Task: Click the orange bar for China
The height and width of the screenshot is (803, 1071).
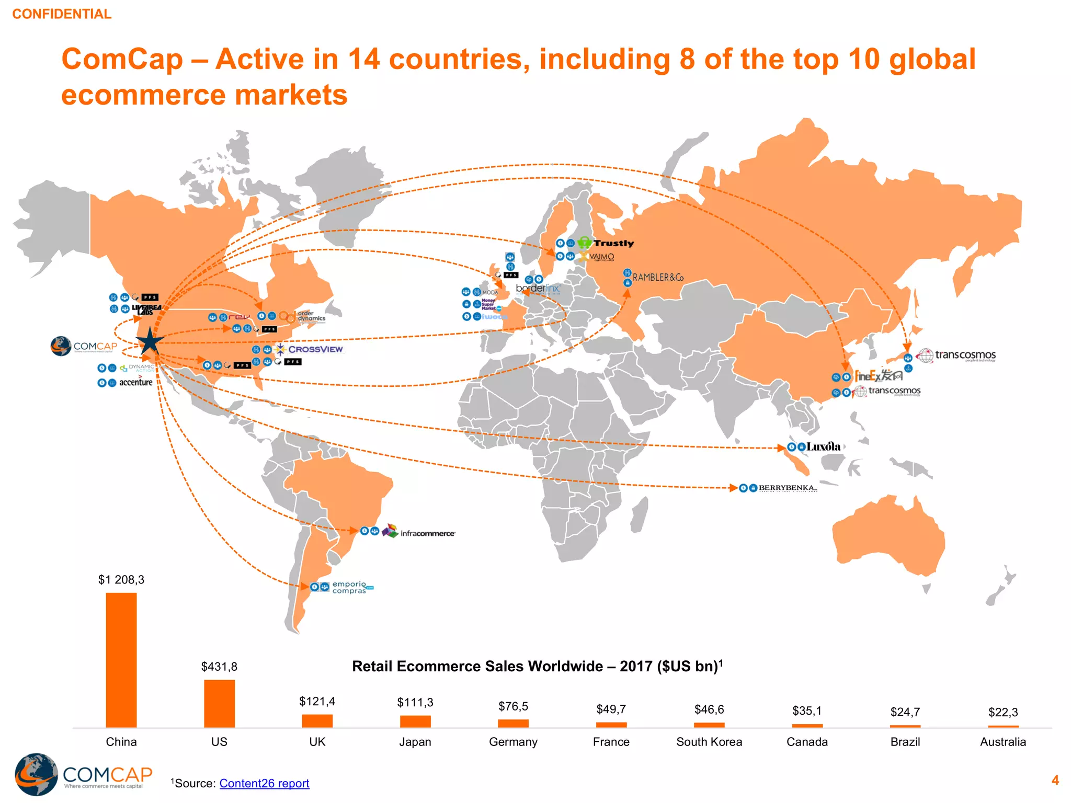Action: [x=121, y=660]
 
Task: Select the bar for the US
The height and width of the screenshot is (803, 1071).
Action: [x=219, y=703]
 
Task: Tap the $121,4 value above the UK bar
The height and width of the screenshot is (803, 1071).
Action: [x=317, y=701]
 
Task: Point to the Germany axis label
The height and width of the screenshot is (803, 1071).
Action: [x=513, y=742]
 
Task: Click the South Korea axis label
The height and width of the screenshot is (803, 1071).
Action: [x=709, y=742]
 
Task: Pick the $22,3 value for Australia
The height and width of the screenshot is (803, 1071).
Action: [x=1002, y=712]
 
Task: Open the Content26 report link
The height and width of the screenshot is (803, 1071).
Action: [x=264, y=783]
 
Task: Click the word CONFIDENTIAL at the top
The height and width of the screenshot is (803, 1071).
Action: [x=62, y=14]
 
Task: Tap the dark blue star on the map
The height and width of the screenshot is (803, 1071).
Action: [x=150, y=342]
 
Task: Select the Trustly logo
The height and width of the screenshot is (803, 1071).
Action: [x=607, y=243]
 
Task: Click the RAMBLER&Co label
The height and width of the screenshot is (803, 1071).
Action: [x=658, y=277]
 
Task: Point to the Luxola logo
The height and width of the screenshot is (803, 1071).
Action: [x=823, y=446]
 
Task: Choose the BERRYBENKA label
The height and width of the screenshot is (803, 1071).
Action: [x=787, y=488]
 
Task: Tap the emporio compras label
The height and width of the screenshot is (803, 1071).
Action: [x=350, y=587]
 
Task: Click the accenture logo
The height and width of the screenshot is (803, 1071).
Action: [x=135, y=382]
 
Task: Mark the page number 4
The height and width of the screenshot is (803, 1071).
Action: [x=1055, y=781]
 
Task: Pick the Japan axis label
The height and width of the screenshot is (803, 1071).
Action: [x=415, y=742]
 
